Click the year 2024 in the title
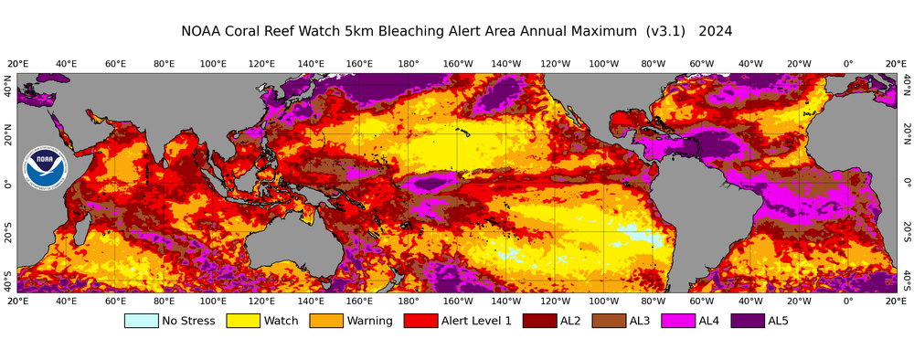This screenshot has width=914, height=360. pyautogui.click(x=715, y=31)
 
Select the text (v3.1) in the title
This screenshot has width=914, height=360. pyautogui.click(x=664, y=31)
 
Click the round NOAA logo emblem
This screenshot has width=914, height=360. pyautogui.click(x=46, y=167)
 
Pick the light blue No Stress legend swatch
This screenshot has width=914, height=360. pyautogui.click(x=141, y=321)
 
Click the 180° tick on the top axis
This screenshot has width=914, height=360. pyautogui.click(x=409, y=64)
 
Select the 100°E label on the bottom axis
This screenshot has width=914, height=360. pyautogui.click(x=213, y=301)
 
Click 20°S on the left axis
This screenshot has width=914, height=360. pyautogui.click(x=8, y=226)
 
